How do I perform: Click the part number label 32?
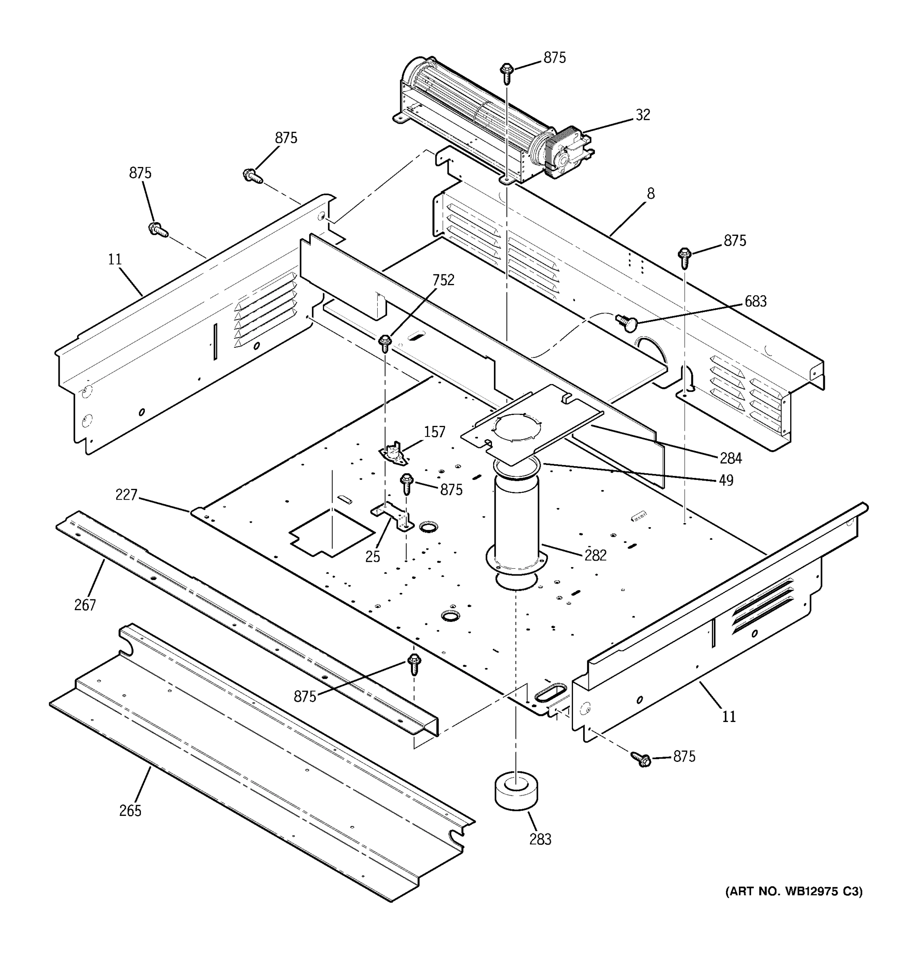click(642, 115)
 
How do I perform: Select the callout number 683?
click(755, 301)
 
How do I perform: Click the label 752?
click(443, 280)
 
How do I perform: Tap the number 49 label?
click(726, 480)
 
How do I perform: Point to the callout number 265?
click(130, 811)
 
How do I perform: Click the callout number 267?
click(85, 605)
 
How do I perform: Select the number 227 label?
click(126, 495)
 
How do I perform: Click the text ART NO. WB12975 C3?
click(793, 891)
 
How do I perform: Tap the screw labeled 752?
click(385, 342)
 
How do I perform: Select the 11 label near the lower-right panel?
click(729, 717)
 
